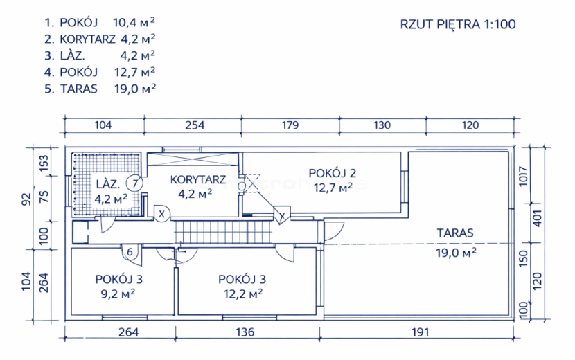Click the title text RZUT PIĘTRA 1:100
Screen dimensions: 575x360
click(458, 24)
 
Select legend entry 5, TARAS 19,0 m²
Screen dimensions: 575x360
click(100, 89)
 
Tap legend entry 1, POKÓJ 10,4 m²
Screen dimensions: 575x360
click(99, 22)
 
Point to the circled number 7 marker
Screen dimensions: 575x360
click(134, 183)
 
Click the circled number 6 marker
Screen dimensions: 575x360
click(130, 252)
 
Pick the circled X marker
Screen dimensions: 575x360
click(161, 213)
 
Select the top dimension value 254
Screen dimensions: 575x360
click(195, 125)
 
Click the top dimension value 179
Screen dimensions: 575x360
click(290, 125)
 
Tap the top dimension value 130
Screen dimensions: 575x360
click(382, 125)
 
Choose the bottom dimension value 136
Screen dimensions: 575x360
click(245, 332)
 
